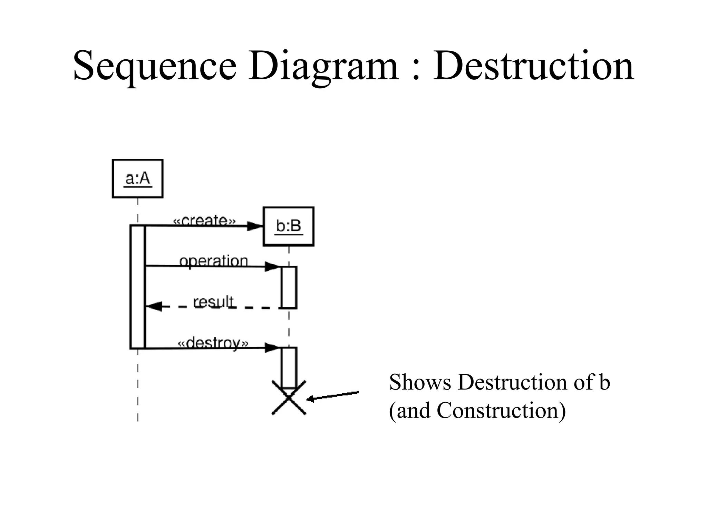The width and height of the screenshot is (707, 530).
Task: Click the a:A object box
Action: [x=137, y=178]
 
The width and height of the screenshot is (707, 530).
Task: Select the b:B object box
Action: [x=289, y=226]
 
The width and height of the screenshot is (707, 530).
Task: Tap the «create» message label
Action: [x=204, y=220]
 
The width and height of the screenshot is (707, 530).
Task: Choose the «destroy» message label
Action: [x=213, y=343]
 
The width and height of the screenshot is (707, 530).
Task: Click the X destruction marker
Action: [x=289, y=398]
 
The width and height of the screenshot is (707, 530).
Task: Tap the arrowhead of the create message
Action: [x=255, y=226]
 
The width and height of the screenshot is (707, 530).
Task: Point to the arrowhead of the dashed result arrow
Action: [x=154, y=306]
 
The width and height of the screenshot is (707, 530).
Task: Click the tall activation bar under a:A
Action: [x=137, y=286]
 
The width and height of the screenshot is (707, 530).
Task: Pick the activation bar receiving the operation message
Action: [x=289, y=287]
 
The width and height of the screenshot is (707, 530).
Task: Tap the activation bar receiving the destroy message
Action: [x=289, y=367]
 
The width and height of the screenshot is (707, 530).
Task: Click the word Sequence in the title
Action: [x=155, y=66]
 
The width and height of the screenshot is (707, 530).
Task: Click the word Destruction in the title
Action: [x=533, y=66]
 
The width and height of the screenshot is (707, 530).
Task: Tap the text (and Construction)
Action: [x=477, y=411]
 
